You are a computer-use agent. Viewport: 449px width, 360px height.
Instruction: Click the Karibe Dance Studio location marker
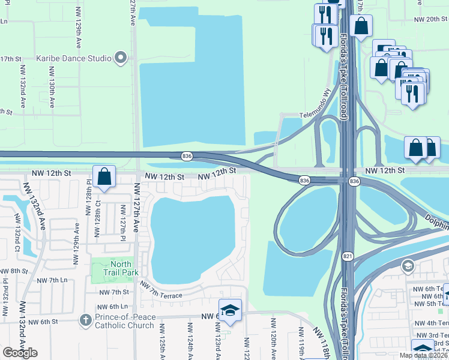(121, 58)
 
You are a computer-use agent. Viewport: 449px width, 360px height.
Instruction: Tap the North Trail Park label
(121, 268)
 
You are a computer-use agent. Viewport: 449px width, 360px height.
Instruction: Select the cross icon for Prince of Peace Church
(85, 321)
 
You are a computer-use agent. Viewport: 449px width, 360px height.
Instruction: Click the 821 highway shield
(348, 256)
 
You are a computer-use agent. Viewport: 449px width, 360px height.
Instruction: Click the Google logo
(20, 353)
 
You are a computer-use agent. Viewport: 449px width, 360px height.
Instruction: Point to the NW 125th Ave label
(161, 345)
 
